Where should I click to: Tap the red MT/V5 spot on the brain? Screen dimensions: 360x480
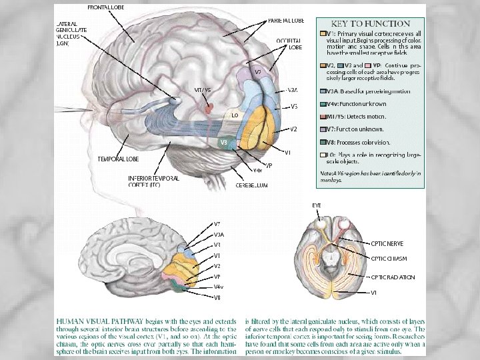click(x=210, y=107)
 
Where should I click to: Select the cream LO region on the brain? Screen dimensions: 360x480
click(x=235, y=115)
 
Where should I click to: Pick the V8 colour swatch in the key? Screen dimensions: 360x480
click(x=323, y=142)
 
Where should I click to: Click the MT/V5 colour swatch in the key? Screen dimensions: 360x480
click(x=323, y=117)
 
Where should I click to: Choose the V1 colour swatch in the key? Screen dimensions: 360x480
click(x=323, y=33)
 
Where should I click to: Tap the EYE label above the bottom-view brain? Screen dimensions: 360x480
click(x=317, y=205)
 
